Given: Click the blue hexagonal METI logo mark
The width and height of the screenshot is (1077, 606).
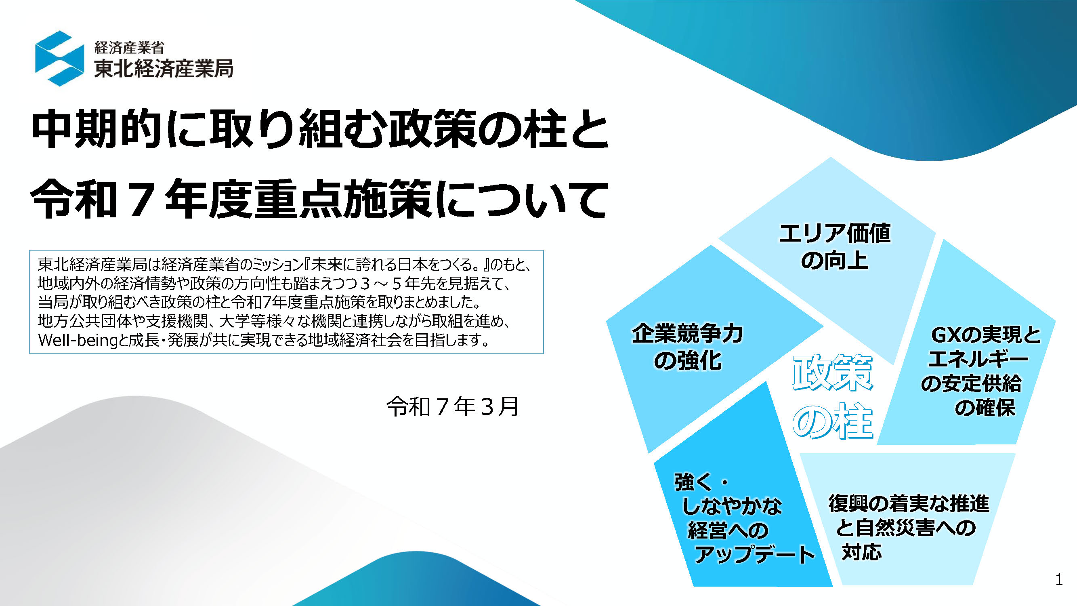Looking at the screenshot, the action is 59,58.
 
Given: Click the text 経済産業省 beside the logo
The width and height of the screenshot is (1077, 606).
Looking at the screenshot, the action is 129,48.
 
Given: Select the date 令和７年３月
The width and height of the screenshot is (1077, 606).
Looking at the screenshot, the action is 453,406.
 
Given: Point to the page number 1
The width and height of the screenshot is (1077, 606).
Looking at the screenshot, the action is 1058,580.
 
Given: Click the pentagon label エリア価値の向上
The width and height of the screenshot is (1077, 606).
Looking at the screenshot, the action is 835,247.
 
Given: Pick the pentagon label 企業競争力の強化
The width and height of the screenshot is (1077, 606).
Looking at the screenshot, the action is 687,347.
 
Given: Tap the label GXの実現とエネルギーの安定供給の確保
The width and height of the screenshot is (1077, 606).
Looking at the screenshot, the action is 980,371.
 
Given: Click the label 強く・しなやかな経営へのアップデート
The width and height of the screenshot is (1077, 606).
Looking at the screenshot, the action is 745,518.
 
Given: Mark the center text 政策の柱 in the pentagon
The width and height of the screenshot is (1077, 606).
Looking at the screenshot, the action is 832,397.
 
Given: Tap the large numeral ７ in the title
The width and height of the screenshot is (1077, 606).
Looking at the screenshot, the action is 141,199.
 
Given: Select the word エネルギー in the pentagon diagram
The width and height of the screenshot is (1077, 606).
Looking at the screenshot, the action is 978,359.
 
